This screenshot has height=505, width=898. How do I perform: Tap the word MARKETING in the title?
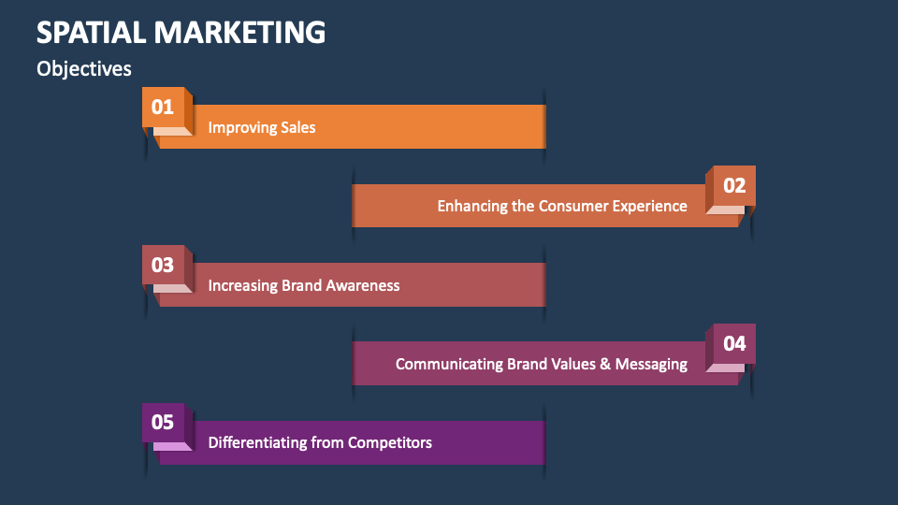click(239, 32)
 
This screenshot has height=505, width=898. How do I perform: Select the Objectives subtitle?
click(84, 69)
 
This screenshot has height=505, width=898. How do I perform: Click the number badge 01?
click(163, 107)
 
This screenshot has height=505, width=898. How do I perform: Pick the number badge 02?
click(734, 185)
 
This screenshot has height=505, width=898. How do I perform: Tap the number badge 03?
click(163, 265)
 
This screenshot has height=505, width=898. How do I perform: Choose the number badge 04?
click(734, 343)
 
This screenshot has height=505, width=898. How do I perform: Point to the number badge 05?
click(163, 422)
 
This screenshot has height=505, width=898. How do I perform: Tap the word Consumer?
click(572, 206)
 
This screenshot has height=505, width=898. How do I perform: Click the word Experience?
click(649, 206)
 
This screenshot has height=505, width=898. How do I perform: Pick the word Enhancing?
click(472, 206)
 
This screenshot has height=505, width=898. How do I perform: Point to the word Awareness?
click(362, 285)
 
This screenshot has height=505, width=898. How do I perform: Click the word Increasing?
click(243, 285)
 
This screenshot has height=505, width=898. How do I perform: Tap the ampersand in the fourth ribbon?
click(606, 364)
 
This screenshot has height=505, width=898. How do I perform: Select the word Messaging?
click(651, 364)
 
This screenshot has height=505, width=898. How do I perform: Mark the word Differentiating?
click(261, 442)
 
